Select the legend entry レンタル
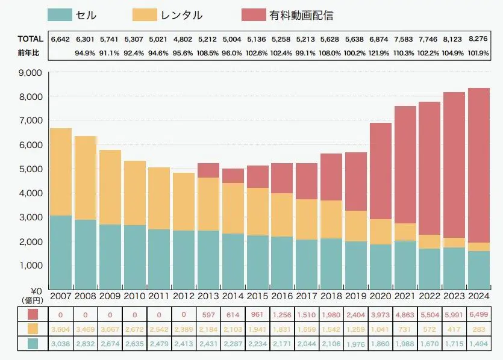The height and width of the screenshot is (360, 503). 180,15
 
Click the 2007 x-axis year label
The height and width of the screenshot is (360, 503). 61,296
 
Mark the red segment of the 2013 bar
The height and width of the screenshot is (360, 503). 208,170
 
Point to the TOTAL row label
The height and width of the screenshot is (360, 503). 30,39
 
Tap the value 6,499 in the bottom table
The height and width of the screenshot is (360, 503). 479,314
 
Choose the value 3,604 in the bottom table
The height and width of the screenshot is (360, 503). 61,329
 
